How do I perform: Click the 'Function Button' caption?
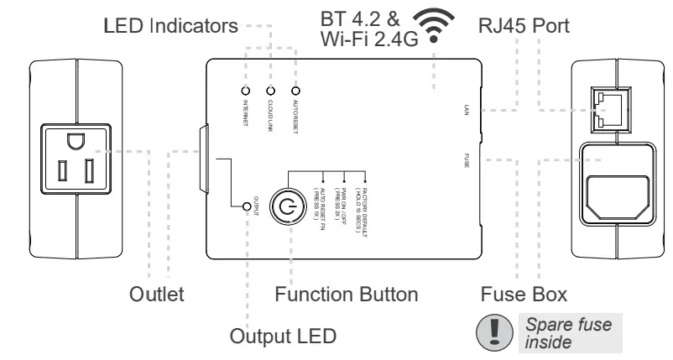pyautogui.click(x=347, y=295)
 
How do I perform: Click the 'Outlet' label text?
pyautogui.click(x=157, y=295)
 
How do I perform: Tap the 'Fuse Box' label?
pyautogui.click(x=523, y=295)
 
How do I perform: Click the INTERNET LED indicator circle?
pyautogui.click(x=246, y=90)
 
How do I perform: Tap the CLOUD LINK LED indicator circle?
pyautogui.click(x=270, y=90)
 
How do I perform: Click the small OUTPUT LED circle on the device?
pyautogui.click(x=246, y=206)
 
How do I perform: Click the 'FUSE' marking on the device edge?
pyautogui.click(x=466, y=159)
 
